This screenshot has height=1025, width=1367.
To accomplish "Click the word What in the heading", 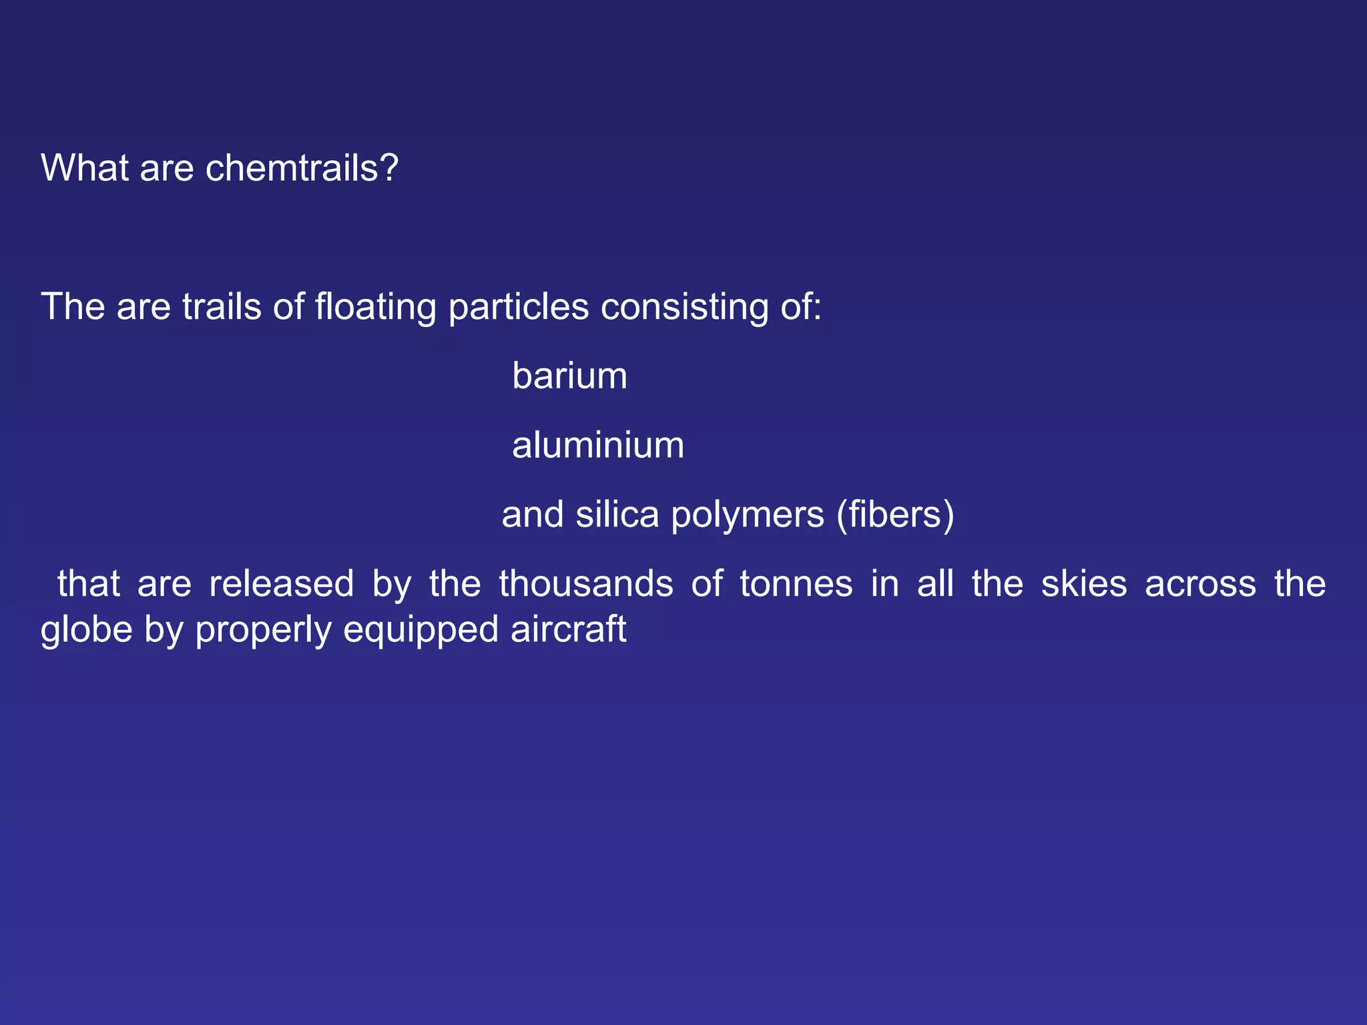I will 85,167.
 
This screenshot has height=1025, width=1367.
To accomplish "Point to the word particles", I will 519,307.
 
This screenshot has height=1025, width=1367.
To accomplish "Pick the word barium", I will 569,376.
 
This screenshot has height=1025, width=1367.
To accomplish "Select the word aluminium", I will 598,445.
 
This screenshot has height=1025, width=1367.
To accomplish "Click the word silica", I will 617,515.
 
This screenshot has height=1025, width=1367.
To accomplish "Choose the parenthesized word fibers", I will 896,515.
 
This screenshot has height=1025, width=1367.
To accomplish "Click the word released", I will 281,584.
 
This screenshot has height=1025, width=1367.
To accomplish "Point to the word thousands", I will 586,584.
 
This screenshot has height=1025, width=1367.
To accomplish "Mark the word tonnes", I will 796,584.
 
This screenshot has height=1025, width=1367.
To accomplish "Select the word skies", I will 1084,584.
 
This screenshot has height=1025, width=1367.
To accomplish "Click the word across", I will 1200,584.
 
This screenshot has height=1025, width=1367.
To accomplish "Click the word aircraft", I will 569,629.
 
